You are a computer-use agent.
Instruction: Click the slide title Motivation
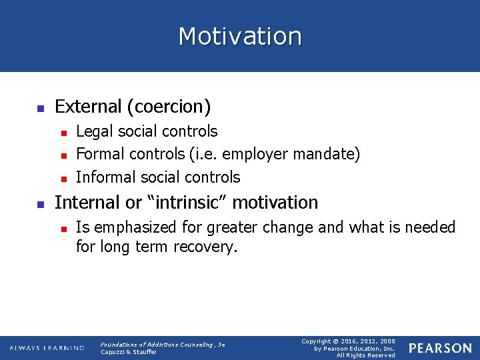240,36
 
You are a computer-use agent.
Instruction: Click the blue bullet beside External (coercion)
40,107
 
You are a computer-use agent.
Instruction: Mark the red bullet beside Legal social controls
63,133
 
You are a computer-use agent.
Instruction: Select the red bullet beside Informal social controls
63,178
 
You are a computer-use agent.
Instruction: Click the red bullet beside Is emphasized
63,229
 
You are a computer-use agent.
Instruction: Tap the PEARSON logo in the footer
439,348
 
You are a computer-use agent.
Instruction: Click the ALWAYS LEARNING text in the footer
47,348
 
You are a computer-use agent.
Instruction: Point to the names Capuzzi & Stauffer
128,352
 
